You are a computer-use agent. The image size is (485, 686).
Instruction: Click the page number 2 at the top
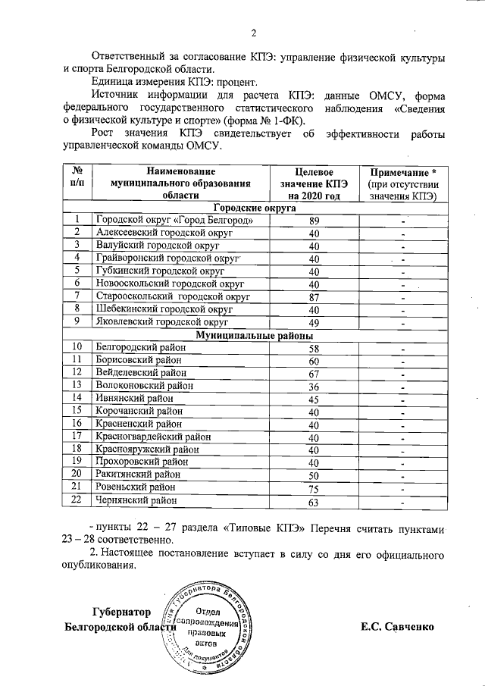point(254,33)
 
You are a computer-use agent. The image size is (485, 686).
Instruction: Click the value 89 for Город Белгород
point(314,221)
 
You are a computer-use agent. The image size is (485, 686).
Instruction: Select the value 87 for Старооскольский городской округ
point(314,297)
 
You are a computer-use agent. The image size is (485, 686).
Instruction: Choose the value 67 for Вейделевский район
point(314,373)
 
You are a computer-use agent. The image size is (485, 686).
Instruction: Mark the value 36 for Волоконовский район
point(314,386)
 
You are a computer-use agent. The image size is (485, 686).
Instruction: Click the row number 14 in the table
point(77,398)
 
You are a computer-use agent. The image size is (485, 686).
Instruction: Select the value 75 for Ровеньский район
point(314,487)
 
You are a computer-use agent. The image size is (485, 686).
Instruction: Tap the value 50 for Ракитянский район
point(314,475)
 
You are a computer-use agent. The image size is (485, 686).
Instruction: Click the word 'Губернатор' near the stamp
point(121,612)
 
